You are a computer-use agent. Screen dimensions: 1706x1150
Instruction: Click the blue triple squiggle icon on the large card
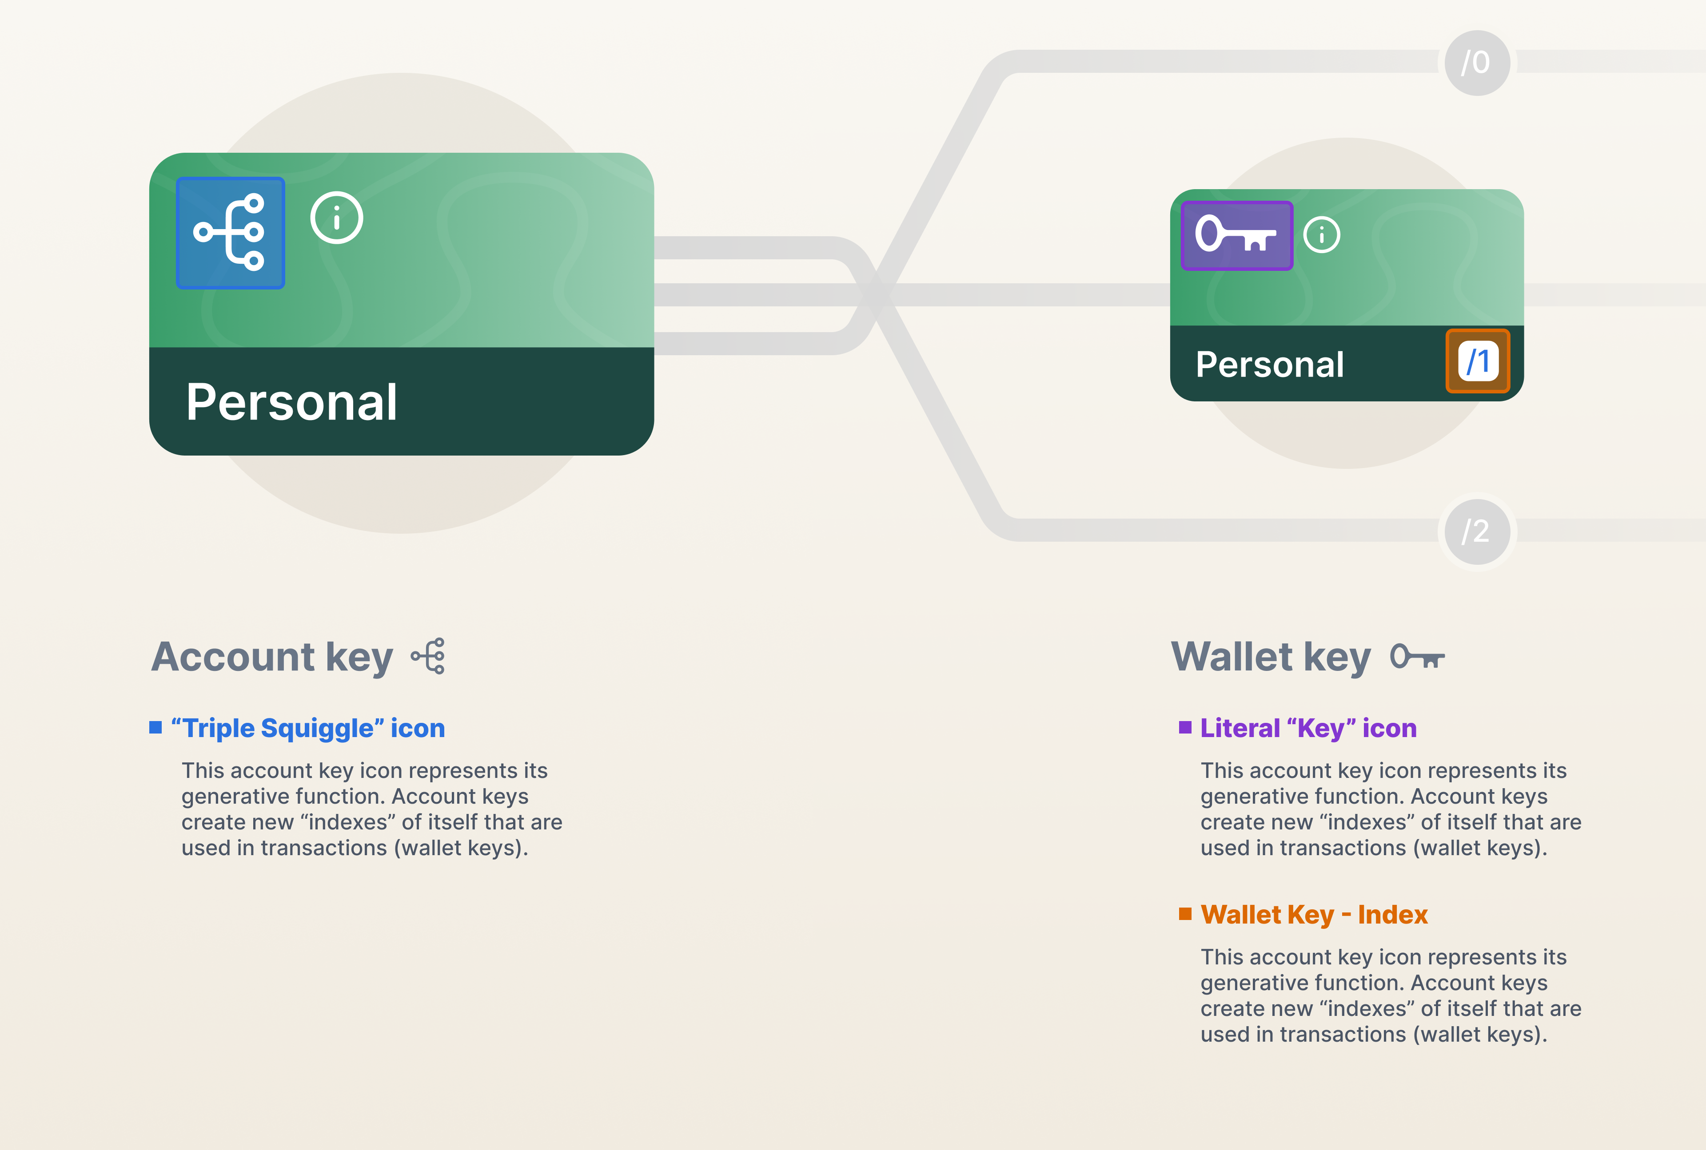[231, 233]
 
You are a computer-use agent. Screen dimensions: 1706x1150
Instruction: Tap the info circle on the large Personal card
[337, 218]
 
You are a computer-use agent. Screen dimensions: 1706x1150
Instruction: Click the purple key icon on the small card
[1236, 235]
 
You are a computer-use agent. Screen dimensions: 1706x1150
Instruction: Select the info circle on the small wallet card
[1322, 235]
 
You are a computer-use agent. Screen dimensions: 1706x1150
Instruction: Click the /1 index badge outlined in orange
[1478, 361]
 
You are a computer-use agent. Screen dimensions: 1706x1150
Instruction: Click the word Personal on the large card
[291, 403]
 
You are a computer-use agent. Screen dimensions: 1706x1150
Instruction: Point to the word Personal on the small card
[1269, 365]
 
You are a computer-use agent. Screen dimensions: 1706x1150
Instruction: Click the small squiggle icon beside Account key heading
[429, 656]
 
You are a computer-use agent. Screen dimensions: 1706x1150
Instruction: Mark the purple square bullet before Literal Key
[1185, 728]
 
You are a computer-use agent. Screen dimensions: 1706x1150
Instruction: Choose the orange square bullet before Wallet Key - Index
[1185, 913]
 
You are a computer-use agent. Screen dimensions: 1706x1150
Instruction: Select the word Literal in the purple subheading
[1240, 728]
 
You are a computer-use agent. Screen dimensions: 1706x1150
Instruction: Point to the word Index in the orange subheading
[1393, 915]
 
